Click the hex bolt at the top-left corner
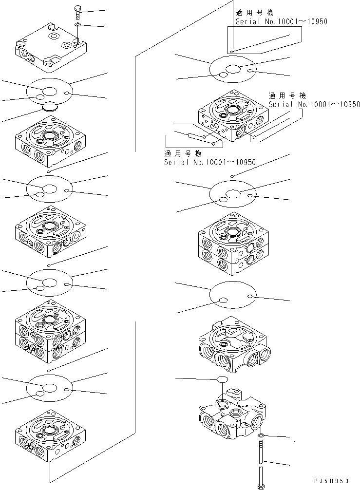[x=78, y=10]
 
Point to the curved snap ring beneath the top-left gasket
[x=50, y=108]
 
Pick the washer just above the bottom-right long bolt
[x=262, y=434]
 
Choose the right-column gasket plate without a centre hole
[x=232, y=295]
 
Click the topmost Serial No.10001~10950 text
[x=281, y=22]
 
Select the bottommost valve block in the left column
[x=51, y=436]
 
